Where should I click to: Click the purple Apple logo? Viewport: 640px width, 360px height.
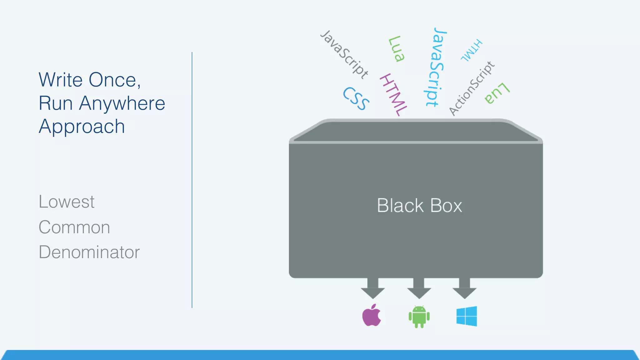372,316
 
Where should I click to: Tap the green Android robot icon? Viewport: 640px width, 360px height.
419,317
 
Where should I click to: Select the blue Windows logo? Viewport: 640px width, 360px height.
467,316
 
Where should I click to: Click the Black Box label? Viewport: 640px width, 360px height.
419,206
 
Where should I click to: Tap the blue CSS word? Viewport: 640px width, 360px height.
356,98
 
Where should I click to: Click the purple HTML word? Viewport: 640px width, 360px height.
393,95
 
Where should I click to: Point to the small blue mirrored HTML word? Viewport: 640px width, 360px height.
472,50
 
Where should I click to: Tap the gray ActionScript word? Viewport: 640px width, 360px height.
472,88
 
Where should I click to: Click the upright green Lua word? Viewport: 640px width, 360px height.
396,49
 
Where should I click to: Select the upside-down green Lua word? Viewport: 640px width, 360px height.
497,93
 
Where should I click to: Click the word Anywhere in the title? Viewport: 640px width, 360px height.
122,103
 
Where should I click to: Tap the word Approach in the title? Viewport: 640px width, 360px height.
82,127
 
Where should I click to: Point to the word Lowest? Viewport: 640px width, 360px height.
66,202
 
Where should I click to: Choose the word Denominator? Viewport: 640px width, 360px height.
89,252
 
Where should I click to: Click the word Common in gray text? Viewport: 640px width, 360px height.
74,227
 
